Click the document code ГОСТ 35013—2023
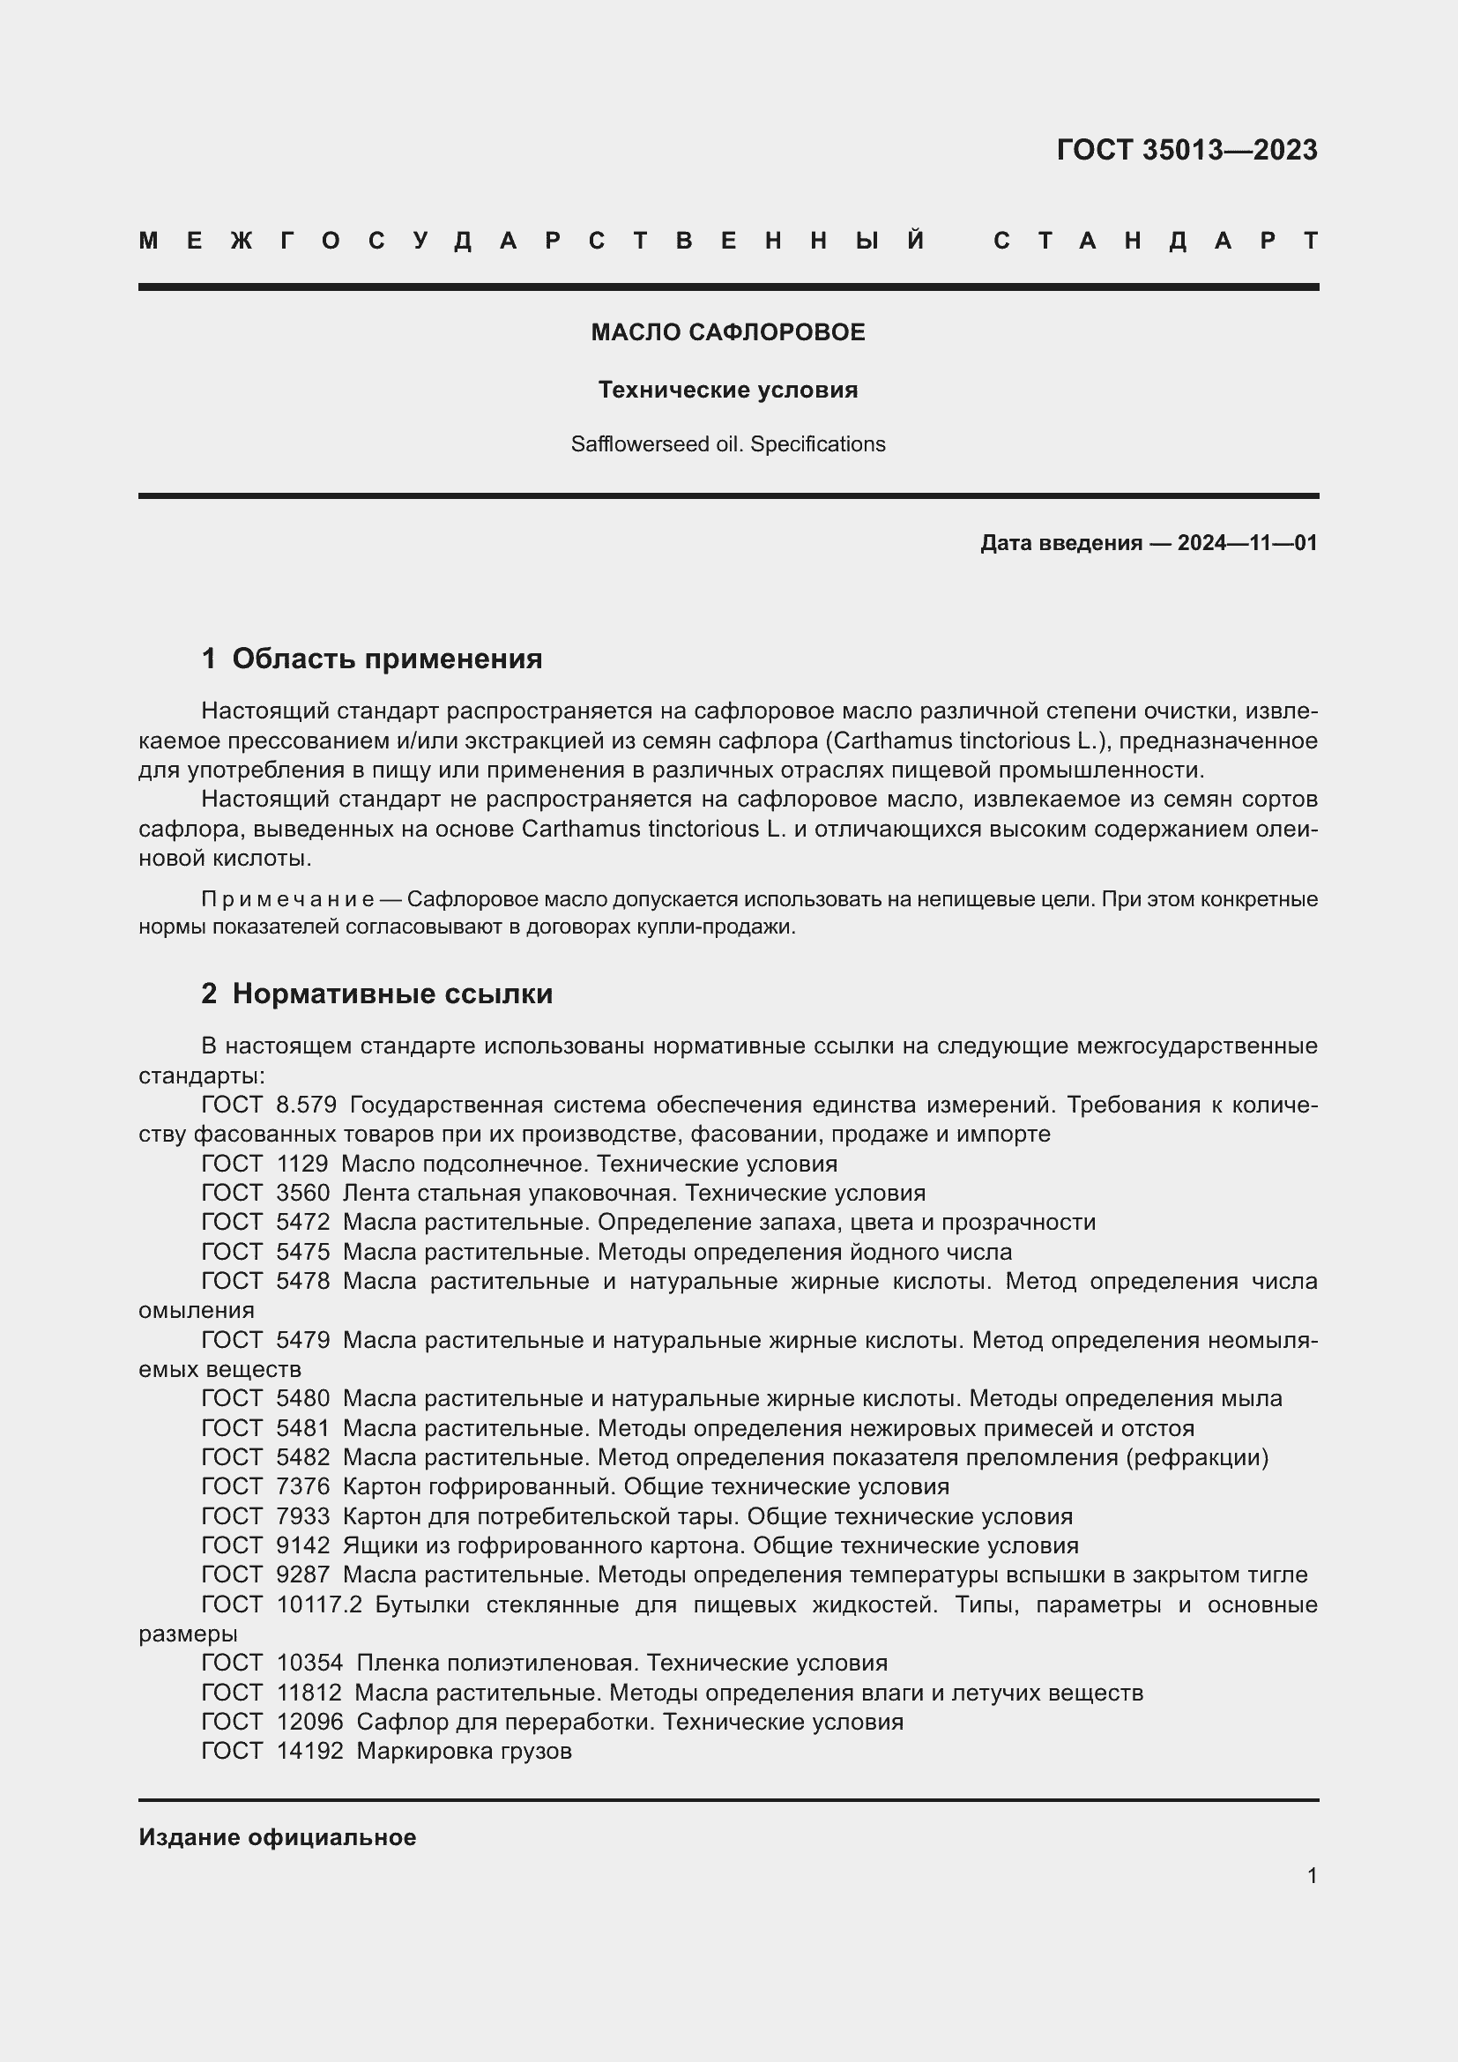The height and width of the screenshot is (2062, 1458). (1186, 149)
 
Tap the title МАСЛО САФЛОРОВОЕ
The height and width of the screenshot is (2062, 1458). (727, 332)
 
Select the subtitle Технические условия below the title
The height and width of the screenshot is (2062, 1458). (727, 390)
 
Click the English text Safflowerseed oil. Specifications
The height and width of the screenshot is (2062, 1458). (727, 444)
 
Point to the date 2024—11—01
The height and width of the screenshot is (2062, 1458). (1247, 542)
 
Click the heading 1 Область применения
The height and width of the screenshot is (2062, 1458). (372, 659)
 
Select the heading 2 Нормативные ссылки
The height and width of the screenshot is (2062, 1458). (377, 994)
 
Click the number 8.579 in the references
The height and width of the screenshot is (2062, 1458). (305, 1105)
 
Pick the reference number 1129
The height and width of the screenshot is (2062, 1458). (302, 1164)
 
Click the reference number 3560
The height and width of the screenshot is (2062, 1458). (302, 1194)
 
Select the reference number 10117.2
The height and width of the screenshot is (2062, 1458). (319, 1604)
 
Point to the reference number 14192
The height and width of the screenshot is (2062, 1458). (309, 1752)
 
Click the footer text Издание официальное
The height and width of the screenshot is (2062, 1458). (277, 1837)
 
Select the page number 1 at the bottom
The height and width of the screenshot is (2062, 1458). (1312, 1876)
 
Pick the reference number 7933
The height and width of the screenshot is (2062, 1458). (302, 1517)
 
